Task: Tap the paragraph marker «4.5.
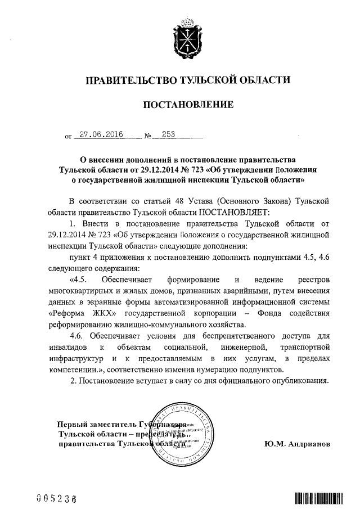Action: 78,280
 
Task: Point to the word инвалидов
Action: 67,348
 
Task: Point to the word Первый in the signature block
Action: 73,425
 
